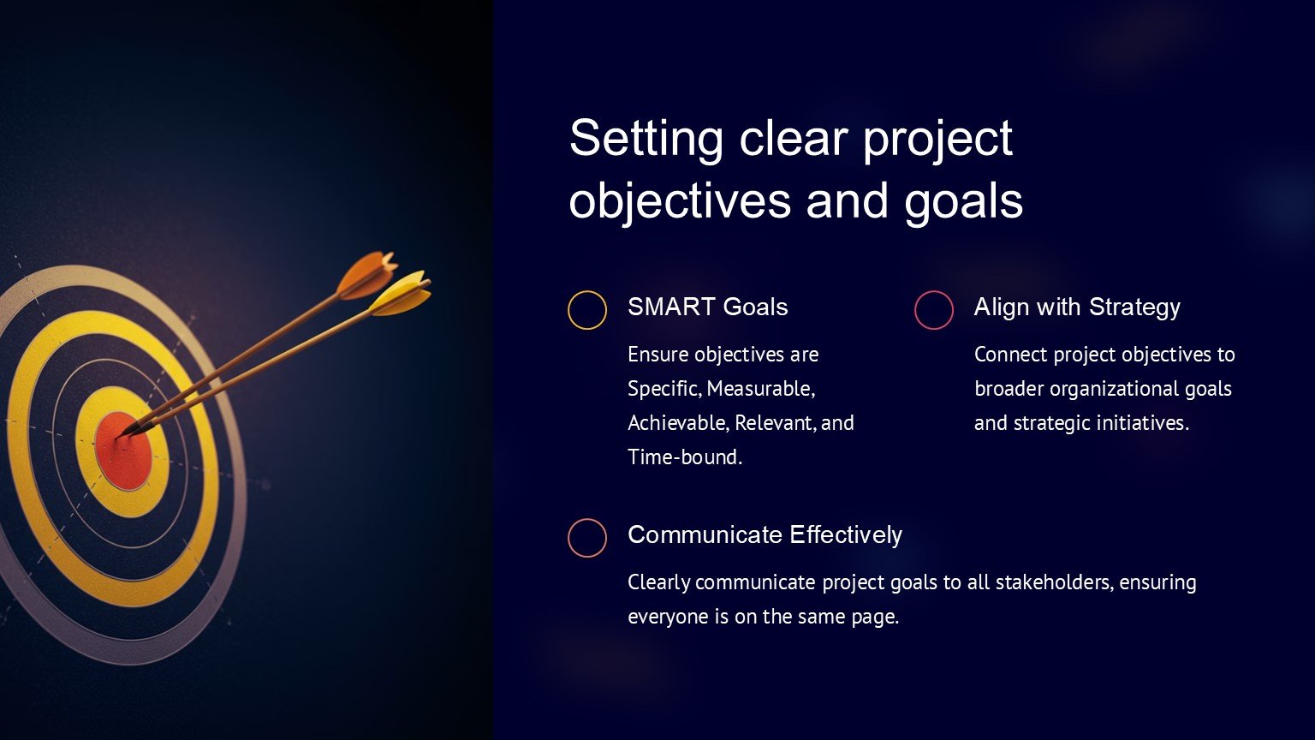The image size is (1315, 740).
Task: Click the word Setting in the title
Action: tap(646, 140)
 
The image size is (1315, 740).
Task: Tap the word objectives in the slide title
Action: tap(679, 202)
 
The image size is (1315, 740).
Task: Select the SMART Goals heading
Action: tap(707, 307)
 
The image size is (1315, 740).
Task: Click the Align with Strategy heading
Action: tap(1077, 307)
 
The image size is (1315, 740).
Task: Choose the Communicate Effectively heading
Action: tap(765, 535)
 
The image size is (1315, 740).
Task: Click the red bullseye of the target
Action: tap(122, 451)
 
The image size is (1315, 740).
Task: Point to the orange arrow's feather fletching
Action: tap(366, 274)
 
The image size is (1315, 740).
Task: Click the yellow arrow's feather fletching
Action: tap(402, 293)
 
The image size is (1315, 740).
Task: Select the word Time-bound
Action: tap(685, 457)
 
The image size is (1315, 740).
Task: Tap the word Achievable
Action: tap(678, 423)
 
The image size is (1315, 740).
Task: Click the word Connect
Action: tap(1010, 355)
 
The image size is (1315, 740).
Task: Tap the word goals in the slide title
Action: tap(963, 202)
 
